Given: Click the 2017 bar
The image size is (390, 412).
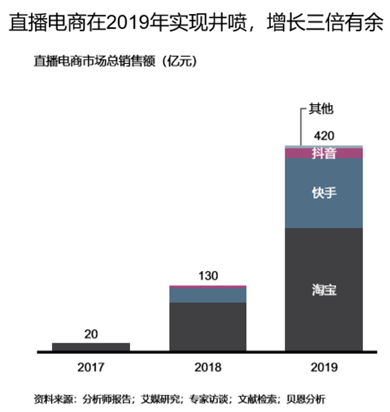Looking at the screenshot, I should tap(91, 347).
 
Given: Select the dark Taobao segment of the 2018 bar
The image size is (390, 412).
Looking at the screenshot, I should tap(208, 327).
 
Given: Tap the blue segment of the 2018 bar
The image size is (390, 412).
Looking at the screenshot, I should tap(208, 295).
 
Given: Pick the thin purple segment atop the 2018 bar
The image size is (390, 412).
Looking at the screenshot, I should tap(208, 286).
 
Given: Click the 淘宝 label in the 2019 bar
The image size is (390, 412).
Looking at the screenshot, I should tap(324, 290).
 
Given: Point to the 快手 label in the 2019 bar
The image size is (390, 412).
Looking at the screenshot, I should tap(324, 193).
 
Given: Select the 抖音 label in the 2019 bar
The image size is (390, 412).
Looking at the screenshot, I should tap(324, 153).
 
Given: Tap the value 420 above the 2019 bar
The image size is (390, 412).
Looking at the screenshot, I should tap(324, 136).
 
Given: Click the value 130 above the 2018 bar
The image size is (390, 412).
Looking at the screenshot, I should tap(208, 276).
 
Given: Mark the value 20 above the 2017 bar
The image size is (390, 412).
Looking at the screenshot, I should tap(91, 334).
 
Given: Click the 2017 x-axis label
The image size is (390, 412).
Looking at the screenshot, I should tap(91, 367).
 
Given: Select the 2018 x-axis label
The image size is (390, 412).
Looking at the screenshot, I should tap(208, 367).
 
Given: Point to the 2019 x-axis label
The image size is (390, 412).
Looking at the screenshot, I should tap(324, 367).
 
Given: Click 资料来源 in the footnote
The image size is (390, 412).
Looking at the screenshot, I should tap(51, 399).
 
